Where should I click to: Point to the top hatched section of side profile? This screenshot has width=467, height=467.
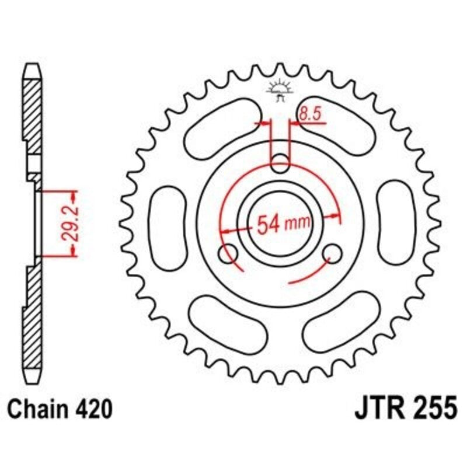point(33,111)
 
